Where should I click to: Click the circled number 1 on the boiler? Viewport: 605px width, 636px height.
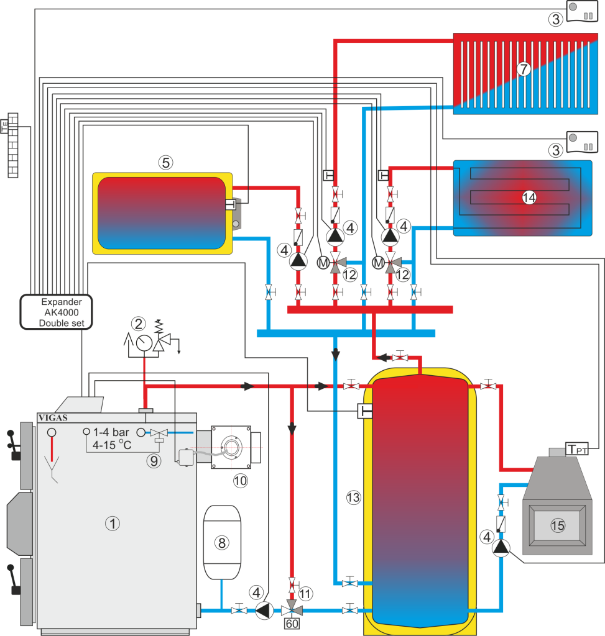(x=112, y=524)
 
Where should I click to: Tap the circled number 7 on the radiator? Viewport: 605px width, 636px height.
(x=524, y=69)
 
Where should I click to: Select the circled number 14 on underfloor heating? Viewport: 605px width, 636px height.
(x=529, y=198)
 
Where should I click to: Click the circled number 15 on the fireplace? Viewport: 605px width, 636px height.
(x=557, y=525)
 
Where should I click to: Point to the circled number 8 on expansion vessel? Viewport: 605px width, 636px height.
(x=221, y=542)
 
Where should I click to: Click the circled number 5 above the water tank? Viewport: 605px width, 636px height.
(x=165, y=163)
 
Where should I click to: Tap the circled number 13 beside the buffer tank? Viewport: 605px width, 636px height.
(x=353, y=497)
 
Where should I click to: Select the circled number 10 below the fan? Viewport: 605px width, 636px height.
(x=239, y=480)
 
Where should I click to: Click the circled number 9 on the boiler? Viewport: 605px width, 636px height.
(x=154, y=460)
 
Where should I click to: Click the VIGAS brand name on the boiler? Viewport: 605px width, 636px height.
(x=53, y=417)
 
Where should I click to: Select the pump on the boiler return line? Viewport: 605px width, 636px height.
(x=264, y=611)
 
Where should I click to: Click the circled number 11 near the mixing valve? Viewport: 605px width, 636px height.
(x=305, y=593)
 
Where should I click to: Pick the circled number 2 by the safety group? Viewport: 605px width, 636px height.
(x=138, y=324)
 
